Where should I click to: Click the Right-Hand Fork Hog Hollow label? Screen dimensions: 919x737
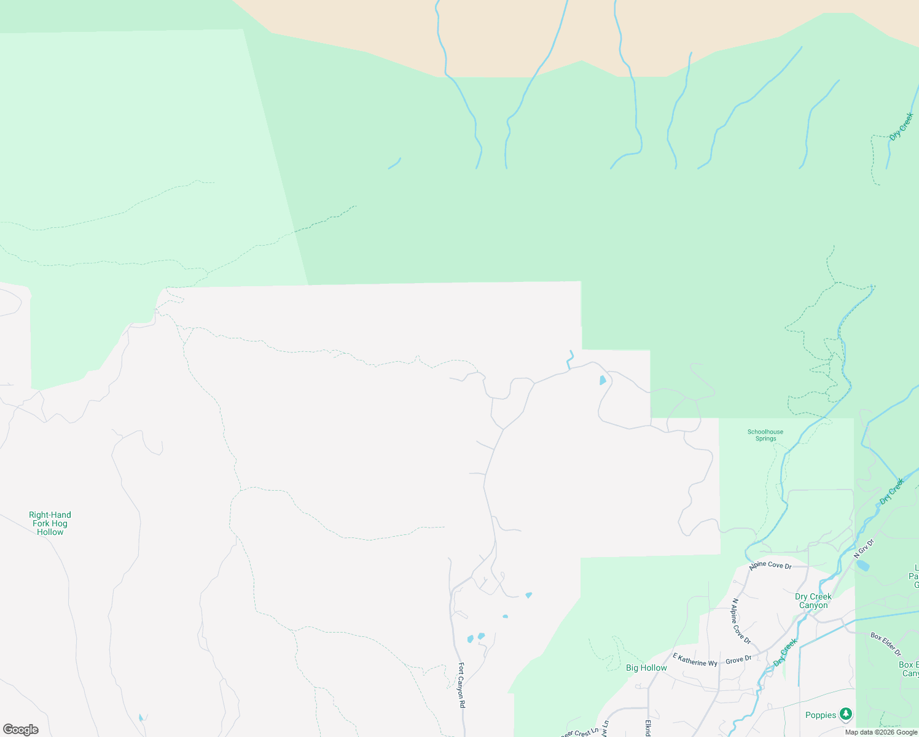pos(50,523)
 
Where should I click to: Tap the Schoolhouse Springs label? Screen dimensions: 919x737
pos(765,435)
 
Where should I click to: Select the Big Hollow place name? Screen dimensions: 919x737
pos(646,668)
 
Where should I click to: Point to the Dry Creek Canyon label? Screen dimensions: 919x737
pos(813,601)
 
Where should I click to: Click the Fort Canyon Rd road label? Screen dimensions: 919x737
pos(461,685)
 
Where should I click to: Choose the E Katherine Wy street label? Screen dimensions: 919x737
pos(695,660)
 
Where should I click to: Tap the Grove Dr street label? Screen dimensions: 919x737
pos(738,660)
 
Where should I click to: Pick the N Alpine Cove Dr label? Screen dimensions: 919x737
pos(741,621)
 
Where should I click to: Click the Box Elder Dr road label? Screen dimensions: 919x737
pos(886,644)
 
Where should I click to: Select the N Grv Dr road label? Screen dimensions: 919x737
pos(864,548)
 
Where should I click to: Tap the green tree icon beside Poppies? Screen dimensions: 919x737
pos(847,714)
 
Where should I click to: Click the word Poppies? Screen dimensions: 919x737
pos(821,715)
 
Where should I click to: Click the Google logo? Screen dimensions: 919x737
pos(21,730)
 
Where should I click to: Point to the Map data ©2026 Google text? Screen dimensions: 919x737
pos(881,732)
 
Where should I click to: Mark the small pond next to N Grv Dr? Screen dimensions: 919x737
pos(862,566)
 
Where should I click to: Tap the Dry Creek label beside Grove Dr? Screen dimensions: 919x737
pos(785,652)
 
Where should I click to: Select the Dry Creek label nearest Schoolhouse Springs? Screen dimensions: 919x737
pos(892,491)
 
